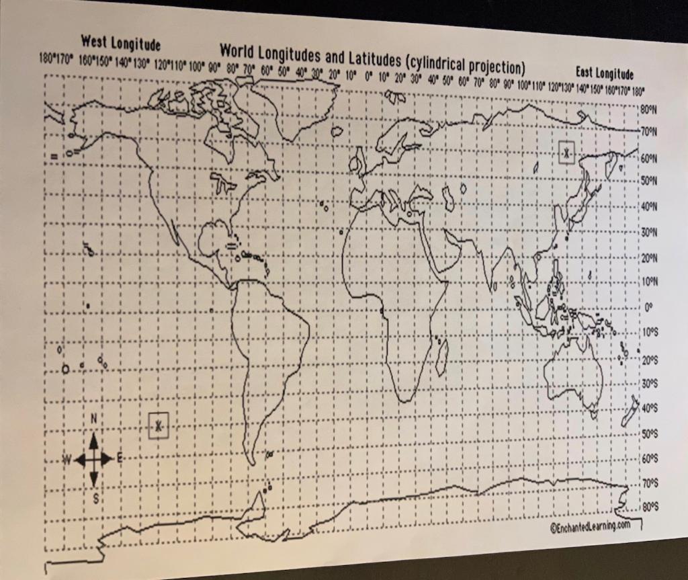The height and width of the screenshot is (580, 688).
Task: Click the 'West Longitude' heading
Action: click(x=120, y=44)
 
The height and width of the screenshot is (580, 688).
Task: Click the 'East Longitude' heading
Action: click(x=604, y=73)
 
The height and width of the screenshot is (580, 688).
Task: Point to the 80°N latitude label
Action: click(x=650, y=109)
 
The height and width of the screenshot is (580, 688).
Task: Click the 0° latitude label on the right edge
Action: click(x=648, y=308)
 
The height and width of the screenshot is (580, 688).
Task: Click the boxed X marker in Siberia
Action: click(x=567, y=153)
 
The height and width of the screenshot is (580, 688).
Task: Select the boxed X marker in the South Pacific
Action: click(x=159, y=425)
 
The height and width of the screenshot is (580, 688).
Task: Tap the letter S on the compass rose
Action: click(x=95, y=499)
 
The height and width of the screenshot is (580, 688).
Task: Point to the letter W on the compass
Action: click(x=67, y=460)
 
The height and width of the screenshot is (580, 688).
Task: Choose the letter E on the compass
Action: click(x=120, y=459)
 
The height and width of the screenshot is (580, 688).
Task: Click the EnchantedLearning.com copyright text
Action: click(x=591, y=526)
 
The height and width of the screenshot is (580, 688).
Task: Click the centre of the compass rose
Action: click(x=93, y=460)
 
